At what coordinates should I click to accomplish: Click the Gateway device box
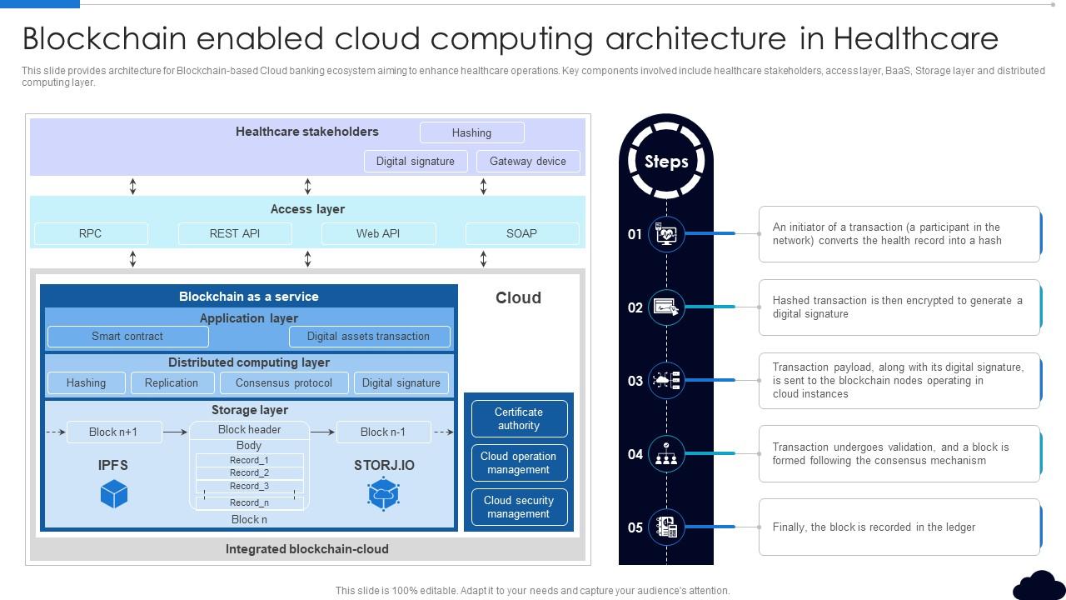(528, 162)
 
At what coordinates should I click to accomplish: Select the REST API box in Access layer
(235, 233)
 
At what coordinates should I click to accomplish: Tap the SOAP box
(521, 233)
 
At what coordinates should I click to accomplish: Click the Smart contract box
(127, 337)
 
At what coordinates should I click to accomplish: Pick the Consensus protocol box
(284, 383)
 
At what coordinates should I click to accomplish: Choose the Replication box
(172, 383)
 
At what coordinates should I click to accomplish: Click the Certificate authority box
(519, 418)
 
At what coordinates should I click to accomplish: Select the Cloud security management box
(519, 507)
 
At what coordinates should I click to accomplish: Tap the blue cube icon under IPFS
(114, 494)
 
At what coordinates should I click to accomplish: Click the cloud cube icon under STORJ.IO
(384, 494)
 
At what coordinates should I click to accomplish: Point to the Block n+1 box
(113, 432)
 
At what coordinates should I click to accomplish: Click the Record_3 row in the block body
(250, 486)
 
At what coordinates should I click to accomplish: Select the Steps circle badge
(666, 161)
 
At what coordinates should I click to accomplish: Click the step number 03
(635, 381)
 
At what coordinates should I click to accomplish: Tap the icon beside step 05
(666, 527)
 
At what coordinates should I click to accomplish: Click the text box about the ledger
(899, 527)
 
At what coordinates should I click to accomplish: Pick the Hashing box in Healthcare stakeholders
(471, 132)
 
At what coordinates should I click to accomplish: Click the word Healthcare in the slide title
(915, 38)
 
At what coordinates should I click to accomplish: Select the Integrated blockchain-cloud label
(307, 549)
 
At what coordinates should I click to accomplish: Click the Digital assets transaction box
(369, 337)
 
